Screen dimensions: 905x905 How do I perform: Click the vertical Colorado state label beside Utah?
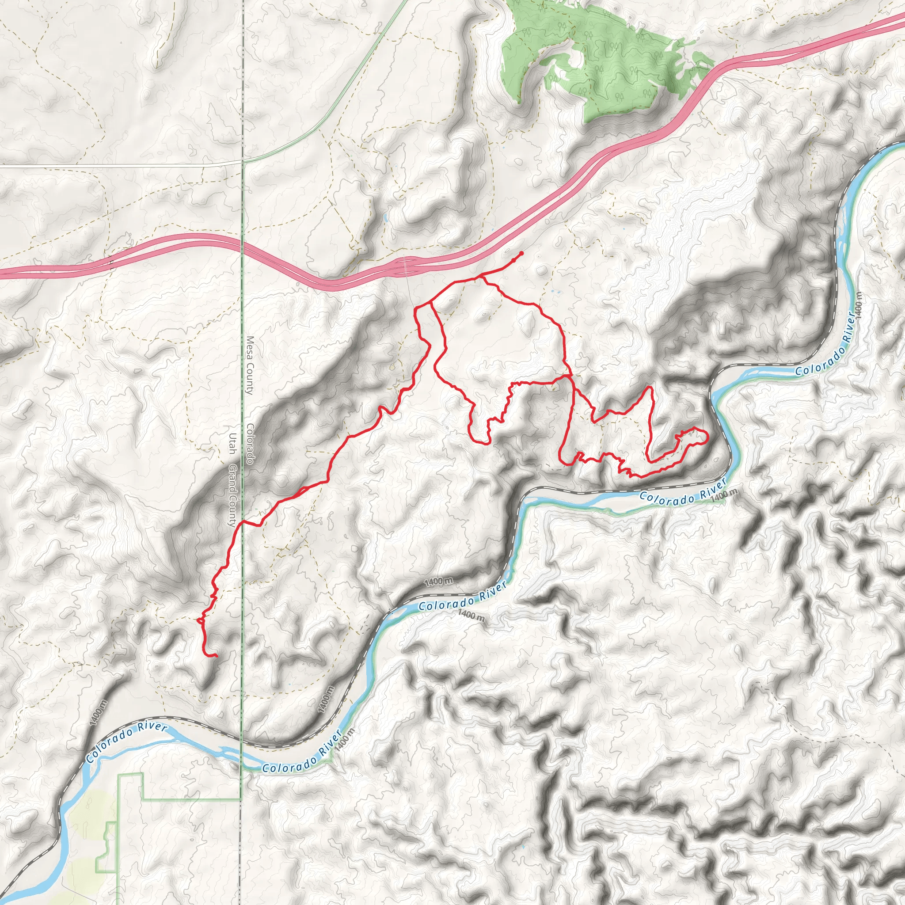click(x=250, y=444)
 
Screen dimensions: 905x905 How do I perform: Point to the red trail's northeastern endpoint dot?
click(x=521, y=253)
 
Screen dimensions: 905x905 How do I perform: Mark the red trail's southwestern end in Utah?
click(x=216, y=656)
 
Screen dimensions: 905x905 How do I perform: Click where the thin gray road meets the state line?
click(x=242, y=161)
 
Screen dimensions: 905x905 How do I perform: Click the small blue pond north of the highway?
click(x=385, y=218)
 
